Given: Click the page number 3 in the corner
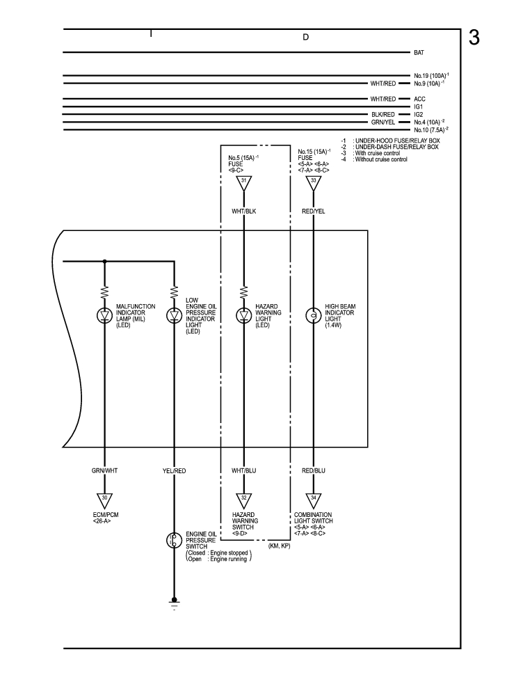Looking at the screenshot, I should click(474, 38).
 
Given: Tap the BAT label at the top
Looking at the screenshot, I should click(419, 53).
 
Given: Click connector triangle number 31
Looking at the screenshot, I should click(244, 183).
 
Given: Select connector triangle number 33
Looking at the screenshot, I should click(313, 183).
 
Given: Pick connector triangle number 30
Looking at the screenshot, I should click(105, 499).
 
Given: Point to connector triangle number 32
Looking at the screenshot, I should click(244, 499).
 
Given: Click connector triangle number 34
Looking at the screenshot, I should click(313, 499).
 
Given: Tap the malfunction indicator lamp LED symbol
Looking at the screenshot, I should click(105, 316).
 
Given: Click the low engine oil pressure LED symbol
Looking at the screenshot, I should click(174, 316).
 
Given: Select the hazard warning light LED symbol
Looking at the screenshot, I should click(244, 316).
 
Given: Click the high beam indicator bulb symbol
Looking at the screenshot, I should click(313, 316).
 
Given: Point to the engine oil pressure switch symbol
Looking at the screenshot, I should click(174, 540).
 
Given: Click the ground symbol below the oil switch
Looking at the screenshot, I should click(174, 603).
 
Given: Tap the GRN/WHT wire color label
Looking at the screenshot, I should click(105, 471).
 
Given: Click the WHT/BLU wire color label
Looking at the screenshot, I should click(244, 471).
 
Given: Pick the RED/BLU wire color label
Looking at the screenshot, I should click(313, 471).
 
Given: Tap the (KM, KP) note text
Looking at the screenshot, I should click(279, 546).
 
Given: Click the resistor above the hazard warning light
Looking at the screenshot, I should click(244, 291).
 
